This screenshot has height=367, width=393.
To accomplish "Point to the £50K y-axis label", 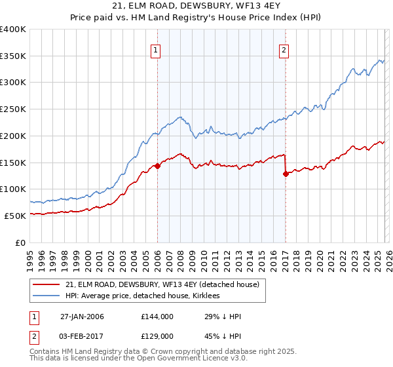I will coord(14,216).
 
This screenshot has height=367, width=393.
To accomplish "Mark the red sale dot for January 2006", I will coord(157,166).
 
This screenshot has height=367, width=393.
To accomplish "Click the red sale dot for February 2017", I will coord(286,174).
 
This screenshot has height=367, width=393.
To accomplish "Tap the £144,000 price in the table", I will coord(157,317).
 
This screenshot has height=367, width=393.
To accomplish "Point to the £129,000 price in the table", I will coord(157,336).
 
